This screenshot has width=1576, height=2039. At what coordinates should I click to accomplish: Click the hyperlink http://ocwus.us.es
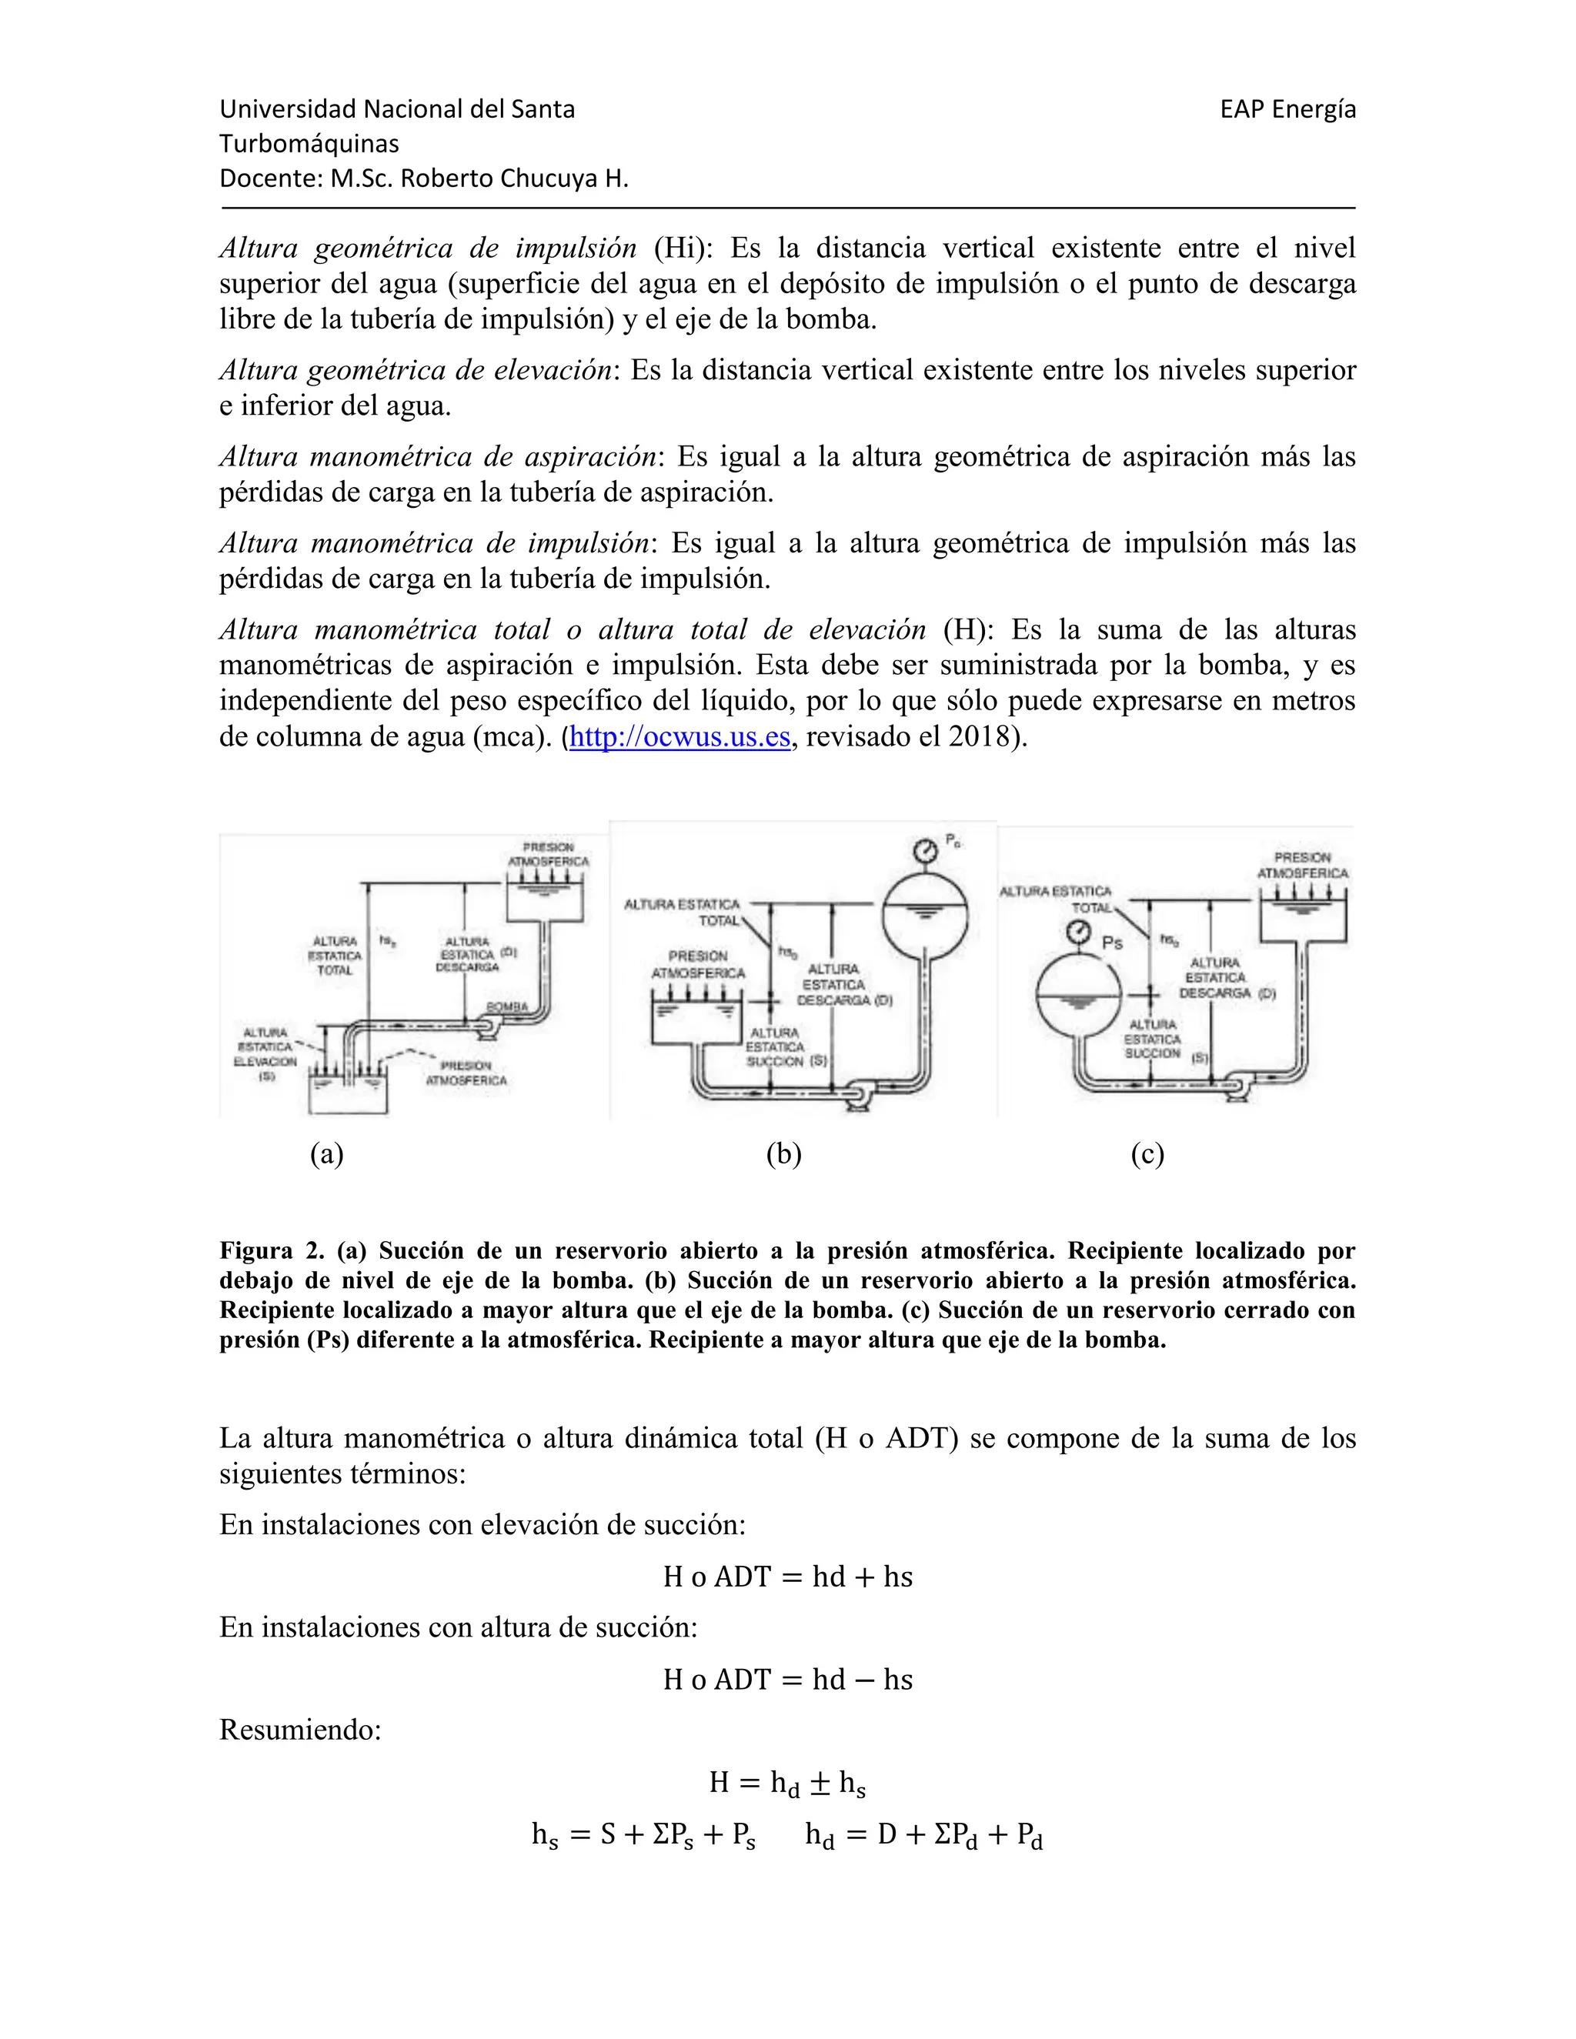pyautogui.click(x=679, y=738)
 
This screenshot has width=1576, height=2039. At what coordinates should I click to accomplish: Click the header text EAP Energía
pyautogui.click(x=1287, y=110)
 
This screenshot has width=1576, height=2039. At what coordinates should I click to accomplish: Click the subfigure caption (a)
pyautogui.click(x=327, y=1155)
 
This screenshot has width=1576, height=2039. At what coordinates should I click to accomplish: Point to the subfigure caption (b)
pyautogui.click(x=783, y=1155)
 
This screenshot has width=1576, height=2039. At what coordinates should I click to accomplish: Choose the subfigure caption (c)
pyautogui.click(x=1147, y=1155)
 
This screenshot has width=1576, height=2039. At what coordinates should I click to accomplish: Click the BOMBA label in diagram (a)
pyautogui.click(x=507, y=1007)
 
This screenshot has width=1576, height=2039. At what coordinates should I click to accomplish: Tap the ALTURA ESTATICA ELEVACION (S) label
pyautogui.click(x=265, y=1054)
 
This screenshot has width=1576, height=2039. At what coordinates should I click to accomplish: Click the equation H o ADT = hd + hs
pyautogui.click(x=787, y=1577)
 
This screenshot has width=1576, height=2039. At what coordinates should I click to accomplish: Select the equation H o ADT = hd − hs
pyautogui.click(x=787, y=1680)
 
